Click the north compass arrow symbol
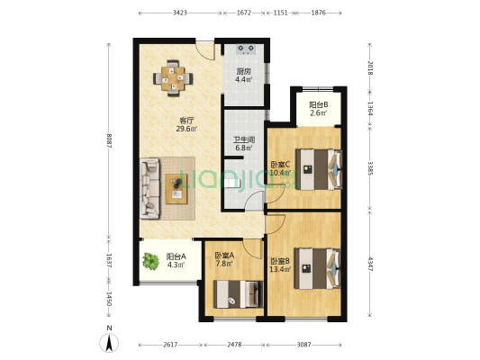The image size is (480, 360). [109, 343]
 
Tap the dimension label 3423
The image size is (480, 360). [180, 13]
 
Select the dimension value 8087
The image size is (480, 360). [109, 140]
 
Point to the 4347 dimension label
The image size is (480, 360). [370, 265]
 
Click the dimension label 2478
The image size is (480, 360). [234, 345]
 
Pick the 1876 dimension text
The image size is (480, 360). [319, 13]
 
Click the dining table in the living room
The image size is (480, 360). [173, 78]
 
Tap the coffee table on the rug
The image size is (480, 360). [176, 189]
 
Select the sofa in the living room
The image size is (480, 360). [150, 188]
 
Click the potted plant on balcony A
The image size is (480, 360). [151, 261]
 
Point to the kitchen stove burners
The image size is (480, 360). [246, 49]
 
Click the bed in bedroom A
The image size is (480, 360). [238, 294]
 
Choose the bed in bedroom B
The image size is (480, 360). [318, 268]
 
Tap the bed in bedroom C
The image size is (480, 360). [319, 169]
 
